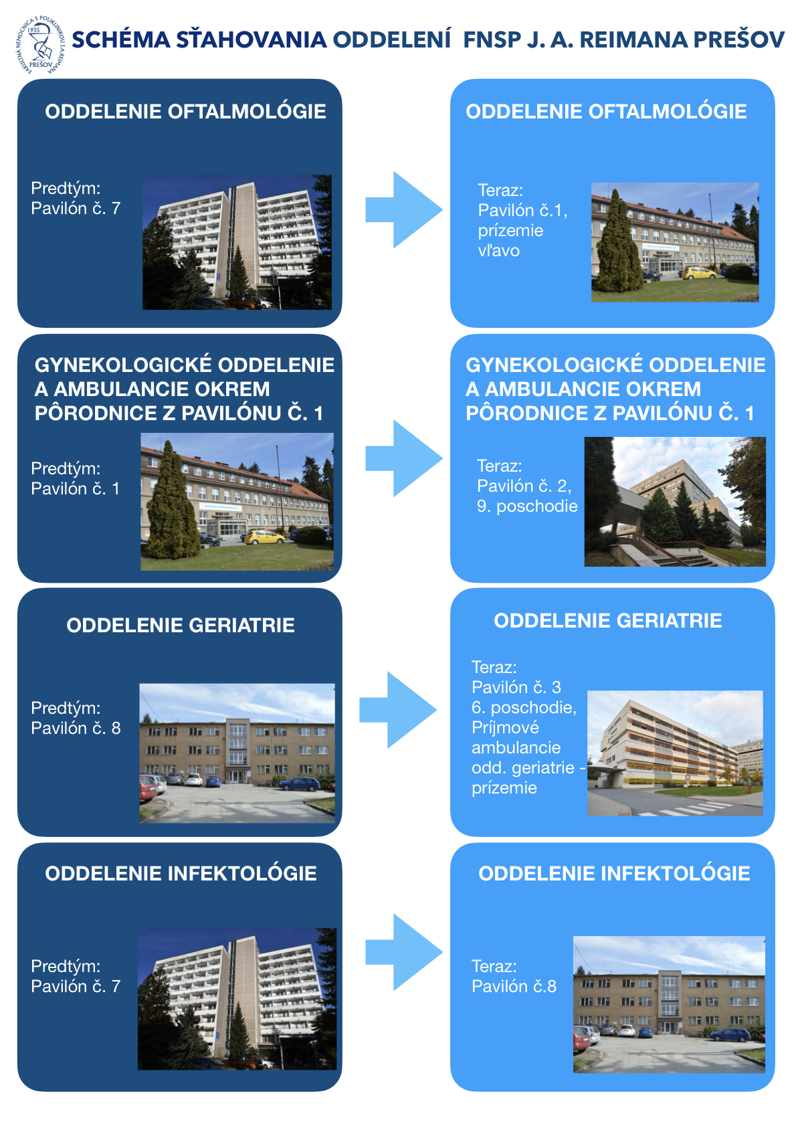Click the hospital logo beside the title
tap(40, 45)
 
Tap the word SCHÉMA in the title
tap(121, 39)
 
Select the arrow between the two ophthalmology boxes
tap(404, 209)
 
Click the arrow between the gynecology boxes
tap(404, 458)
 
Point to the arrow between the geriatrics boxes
tap(398, 710)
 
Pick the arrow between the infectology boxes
tap(404, 952)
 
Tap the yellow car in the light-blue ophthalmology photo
tap(699, 273)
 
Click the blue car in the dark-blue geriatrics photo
tap(300, 783)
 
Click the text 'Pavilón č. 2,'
tap(524, 486)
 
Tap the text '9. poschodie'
tap(527, 506)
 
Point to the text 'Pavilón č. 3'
tap(516, 687)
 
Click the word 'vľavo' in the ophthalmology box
tap(498, 250)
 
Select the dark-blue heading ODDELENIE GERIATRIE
tap(181, 626)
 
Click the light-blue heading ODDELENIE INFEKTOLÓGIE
tap(614, 874)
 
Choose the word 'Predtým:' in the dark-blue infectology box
tap(66, 966)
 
